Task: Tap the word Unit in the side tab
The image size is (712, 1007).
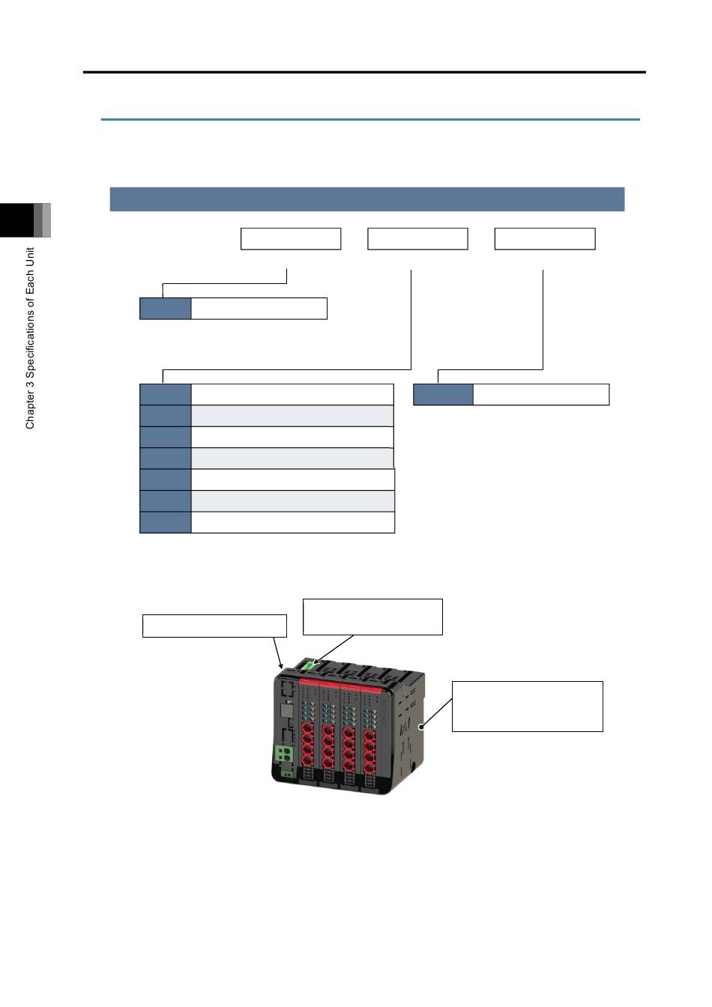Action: (30, 257)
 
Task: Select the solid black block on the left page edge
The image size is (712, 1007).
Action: (16, 220)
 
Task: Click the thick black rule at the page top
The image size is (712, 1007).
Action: (364, 72)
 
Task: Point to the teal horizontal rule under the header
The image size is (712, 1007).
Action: (370, 120)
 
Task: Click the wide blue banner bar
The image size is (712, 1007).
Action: (367, 199)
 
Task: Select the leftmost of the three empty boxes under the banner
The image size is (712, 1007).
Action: (291, 239)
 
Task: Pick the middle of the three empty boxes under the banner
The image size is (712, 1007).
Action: (417, 239)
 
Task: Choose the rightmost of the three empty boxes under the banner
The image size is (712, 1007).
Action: (545, 239)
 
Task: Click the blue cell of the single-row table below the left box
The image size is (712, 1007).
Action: (166, 309)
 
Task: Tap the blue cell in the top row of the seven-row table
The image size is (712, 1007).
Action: (166, 394)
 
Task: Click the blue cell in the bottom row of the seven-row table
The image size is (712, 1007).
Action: (166, 522)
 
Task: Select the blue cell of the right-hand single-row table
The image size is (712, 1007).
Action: (443, 394)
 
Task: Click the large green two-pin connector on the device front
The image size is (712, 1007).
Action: (284, 753)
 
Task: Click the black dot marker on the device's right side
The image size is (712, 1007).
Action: (421, 727)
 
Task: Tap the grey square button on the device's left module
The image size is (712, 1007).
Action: (287, 710)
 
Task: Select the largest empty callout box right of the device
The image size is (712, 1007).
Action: (527, 707)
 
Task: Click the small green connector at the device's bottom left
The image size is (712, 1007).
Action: (287, 774)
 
